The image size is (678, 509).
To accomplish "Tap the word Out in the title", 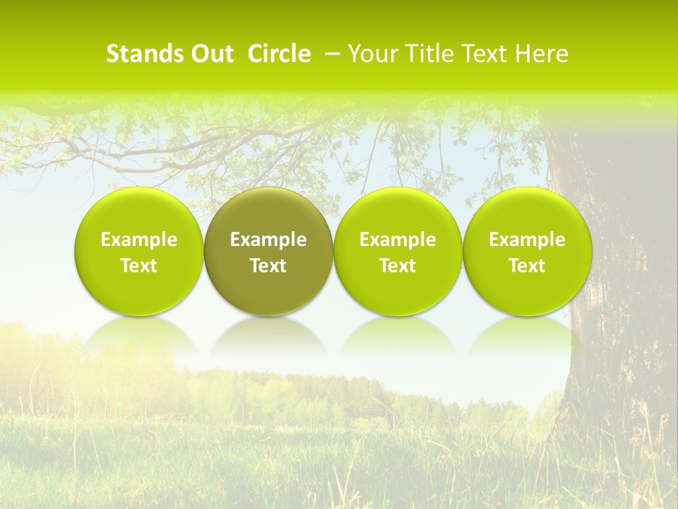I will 213,54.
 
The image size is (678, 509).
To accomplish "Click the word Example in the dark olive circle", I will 268,240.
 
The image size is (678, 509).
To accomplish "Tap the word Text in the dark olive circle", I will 268,266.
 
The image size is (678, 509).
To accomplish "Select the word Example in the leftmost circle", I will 139,240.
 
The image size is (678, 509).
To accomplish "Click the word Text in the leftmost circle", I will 139,266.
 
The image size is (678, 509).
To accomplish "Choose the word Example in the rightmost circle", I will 527,240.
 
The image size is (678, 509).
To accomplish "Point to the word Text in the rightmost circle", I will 527,266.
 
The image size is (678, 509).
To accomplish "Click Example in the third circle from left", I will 398,240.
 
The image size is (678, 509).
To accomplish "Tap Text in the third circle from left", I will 398,266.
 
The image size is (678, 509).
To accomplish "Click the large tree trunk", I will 614,283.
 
